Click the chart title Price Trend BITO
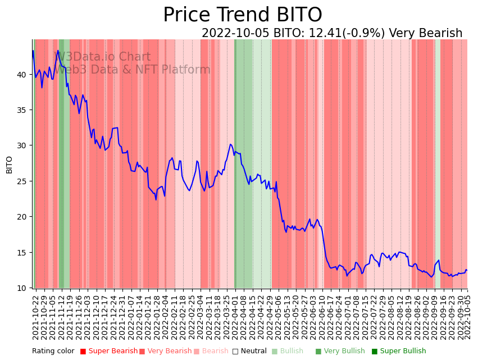click(x=242, y=15)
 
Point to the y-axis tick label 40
click(x=22, y=74)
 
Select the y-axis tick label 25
click(x=22, y=181)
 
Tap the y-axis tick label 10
click(x=22, y=288)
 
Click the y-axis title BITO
click(x=10, y=165)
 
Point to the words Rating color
click(x=53, y=351)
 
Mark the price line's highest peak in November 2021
click(x=58, y=51)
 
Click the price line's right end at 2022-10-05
click(x=467, y=270)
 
